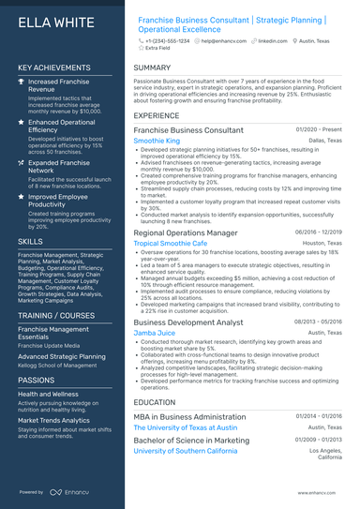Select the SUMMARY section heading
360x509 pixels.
152,68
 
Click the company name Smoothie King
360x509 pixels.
157,140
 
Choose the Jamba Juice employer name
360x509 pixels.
155,332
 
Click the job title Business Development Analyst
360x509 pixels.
188,322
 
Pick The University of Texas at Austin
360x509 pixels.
185,427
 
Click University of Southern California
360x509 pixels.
186,450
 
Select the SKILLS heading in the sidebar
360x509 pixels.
30,241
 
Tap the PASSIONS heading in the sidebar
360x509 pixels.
37,380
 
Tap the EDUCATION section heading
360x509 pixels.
156,401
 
